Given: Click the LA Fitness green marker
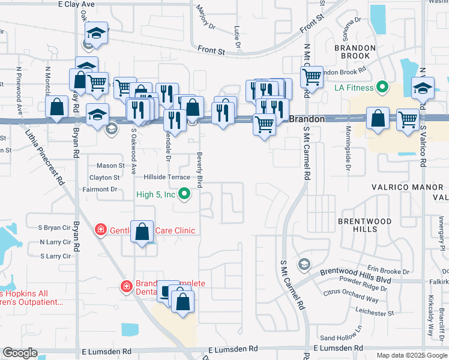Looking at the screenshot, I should pos(380,88).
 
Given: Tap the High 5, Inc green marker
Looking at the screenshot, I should pos(185,194).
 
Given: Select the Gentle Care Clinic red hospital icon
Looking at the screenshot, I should pos(101,229).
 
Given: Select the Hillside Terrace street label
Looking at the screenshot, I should pos(166,178).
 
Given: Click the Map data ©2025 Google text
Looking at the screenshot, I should pos(412,355).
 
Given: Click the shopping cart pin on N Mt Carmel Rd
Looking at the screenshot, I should pos(312,77).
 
